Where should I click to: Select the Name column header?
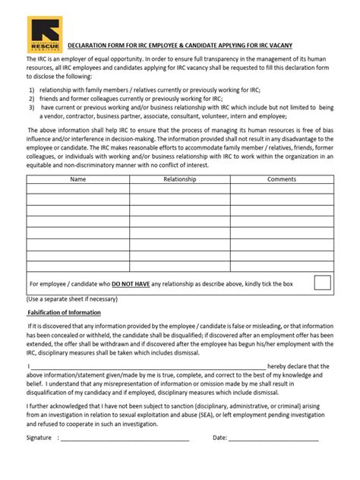click(x=77, y=179)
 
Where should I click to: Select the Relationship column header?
click(x=180, y=179)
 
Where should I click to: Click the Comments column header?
click(x=282, y=179)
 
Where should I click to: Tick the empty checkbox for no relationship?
click(x=322, y=283)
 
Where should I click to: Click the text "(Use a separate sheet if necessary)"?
click(x=74, y=298)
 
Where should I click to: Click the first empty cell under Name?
click(x=77, y=190)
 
